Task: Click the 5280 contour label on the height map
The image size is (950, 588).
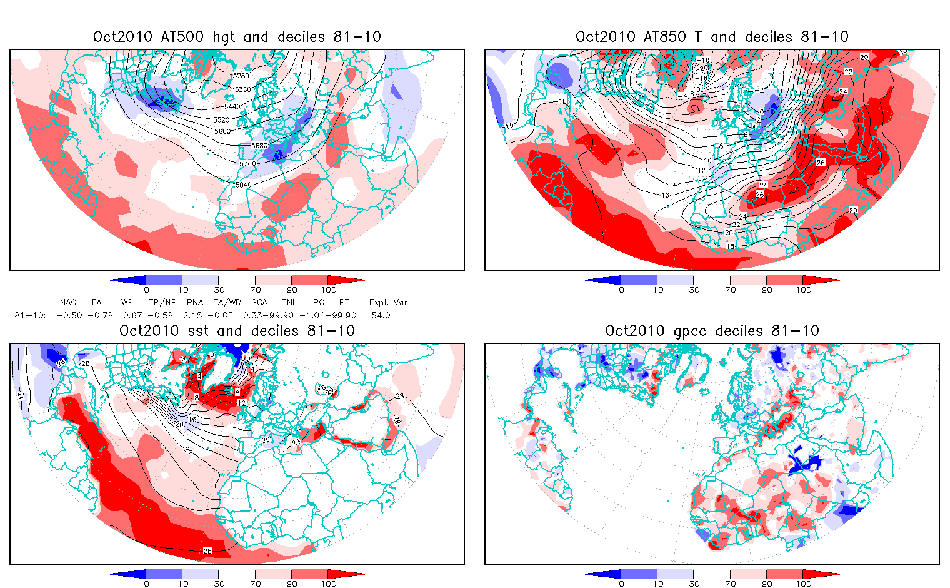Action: (x=241, y=76)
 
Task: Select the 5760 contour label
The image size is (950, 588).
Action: (x=247, y=164)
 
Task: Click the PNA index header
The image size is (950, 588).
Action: (x=195, y=303)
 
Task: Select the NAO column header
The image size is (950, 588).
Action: (x=68, y=303)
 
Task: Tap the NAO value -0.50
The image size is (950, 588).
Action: (x=69, y=316)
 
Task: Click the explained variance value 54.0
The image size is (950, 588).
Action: (x=381, y=316)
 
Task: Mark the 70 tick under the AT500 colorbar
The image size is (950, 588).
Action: (x=255, y=290)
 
